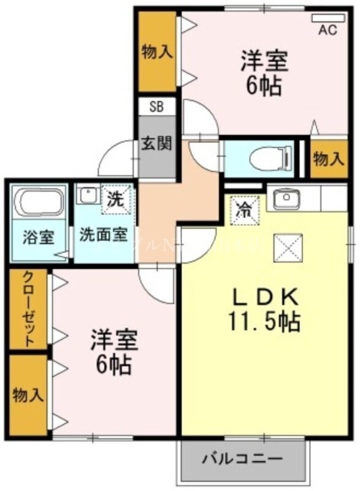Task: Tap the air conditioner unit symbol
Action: coord(327,19)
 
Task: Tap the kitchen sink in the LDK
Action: coord(285,199)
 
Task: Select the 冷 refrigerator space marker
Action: coord(242,209)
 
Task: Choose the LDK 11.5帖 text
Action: coord(265,309)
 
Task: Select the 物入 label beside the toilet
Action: coord(328,160)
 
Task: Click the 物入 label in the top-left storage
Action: coord(156,52)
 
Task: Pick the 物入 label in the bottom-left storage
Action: coord(28,395)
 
